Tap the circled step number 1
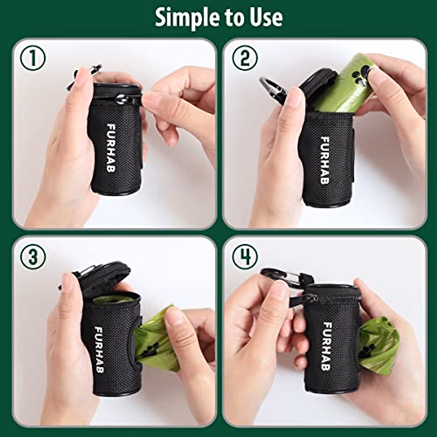(x=33, y=59)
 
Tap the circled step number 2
(x=245, y=59)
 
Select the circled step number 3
(x=33, y=257)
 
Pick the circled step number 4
(x=245, y=257)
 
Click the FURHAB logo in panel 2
(x=324, y=160)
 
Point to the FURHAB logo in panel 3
(x=99, y=350)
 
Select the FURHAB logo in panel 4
(x=327, y=346)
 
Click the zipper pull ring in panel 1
(x=123, y=98)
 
